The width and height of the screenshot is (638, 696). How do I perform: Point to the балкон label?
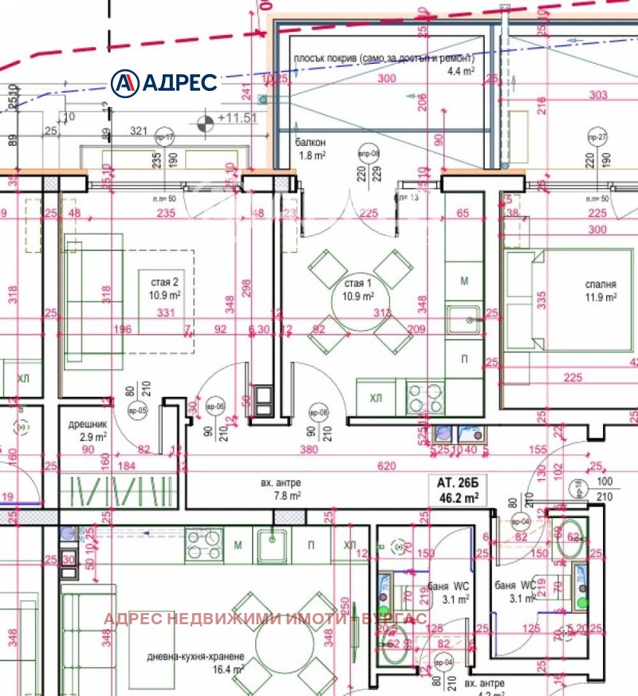[x=310, y=142]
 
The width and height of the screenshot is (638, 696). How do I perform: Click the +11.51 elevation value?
[x=236, y=118]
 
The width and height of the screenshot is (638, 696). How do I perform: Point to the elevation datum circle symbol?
[x=205, y=122]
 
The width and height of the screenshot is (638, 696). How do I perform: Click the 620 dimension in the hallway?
[x=387, y=465]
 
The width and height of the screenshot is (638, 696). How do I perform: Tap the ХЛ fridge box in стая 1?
[x=375, y=398]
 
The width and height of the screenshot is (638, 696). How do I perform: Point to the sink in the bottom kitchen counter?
[x=274, y=545]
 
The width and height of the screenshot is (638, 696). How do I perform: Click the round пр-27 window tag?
[x=597, y=137]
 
